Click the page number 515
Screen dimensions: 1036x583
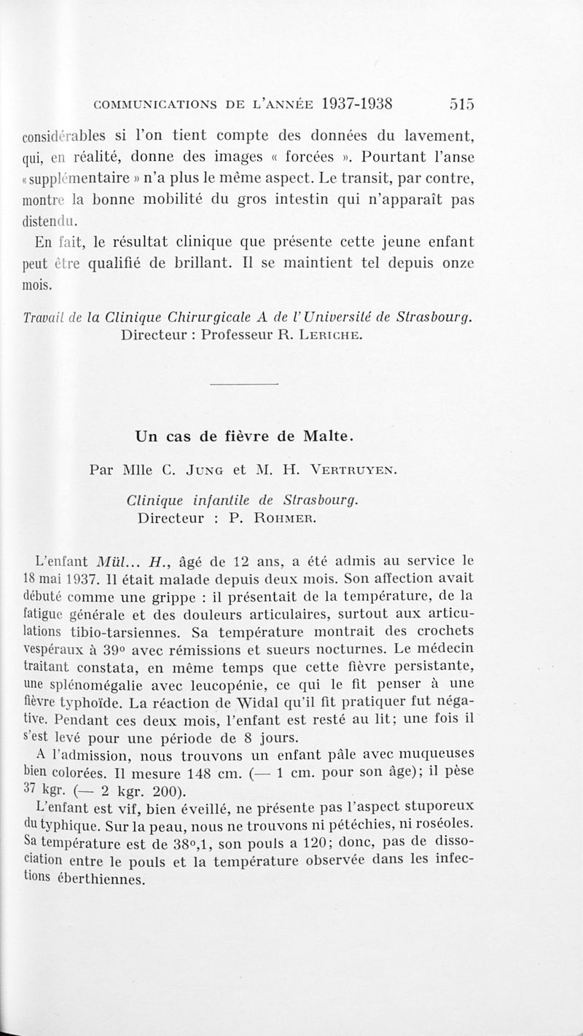pyautogui.click(x=462, y=103)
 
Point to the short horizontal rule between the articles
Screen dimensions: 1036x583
pyautogui.click(x=244, y=384)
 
